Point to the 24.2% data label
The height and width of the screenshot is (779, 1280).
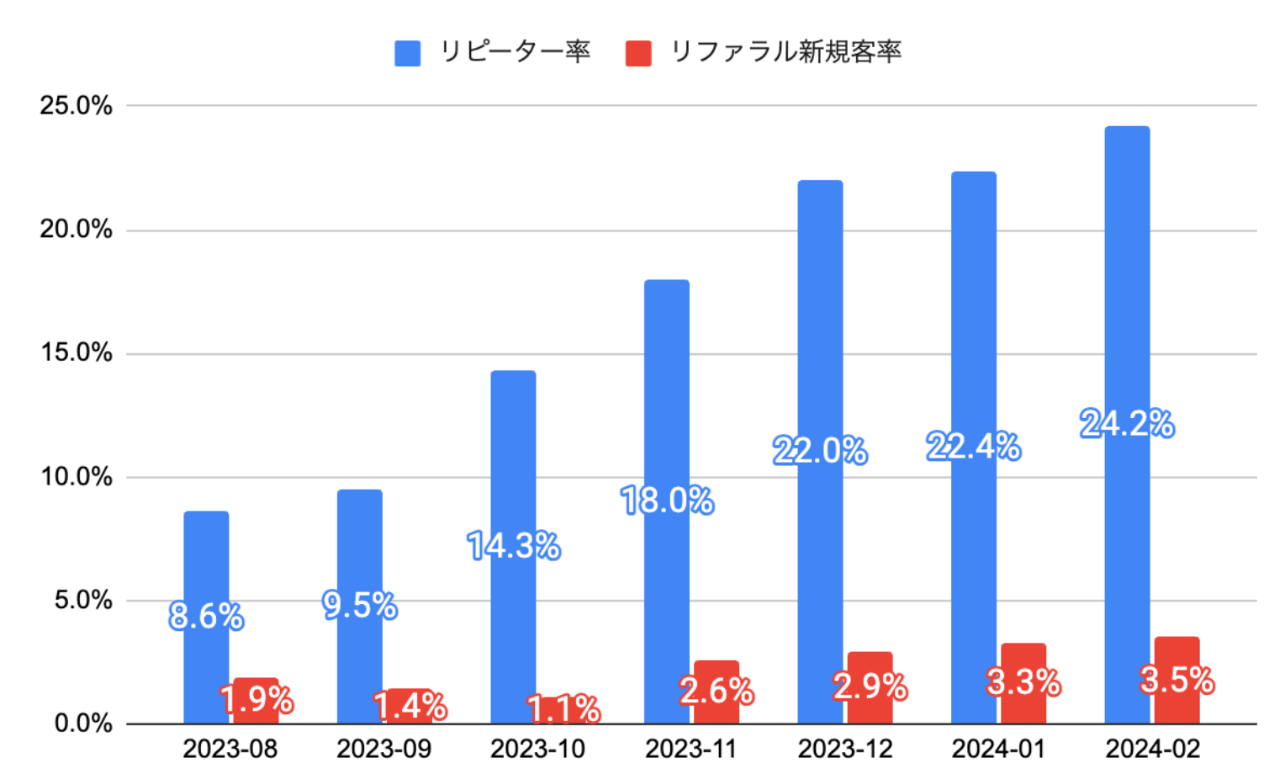tap(1127, 424)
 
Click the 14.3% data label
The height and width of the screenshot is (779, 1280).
tap(514, 547)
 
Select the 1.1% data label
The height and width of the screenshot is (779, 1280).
tap(563, 709)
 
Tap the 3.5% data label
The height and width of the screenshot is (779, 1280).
tap(1177, 680)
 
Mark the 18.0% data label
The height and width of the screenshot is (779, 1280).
tap(667, 501)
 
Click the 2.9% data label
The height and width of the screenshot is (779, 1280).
tap(870, 686)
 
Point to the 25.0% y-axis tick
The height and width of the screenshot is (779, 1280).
tap(76, 106)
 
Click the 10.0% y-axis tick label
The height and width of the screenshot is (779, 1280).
tap(76, 477)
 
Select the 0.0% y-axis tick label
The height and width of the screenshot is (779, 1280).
tap(82, 723)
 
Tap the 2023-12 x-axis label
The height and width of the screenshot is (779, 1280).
tap(845, 749)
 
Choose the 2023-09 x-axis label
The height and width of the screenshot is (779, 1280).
tap(383, 749)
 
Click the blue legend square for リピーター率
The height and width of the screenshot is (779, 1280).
tap(408, 53)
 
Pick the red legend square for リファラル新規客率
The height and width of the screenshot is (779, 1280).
tap(638, 53)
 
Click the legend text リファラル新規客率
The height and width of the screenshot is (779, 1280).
tap(785, 52)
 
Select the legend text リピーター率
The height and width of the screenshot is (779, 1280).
tap(515, 52)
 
